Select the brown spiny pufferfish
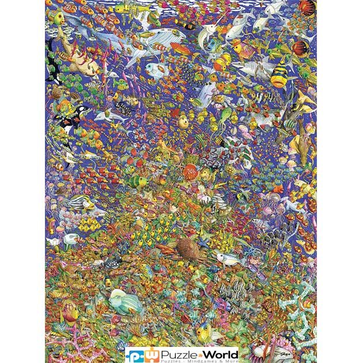(x=189, y=247)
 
